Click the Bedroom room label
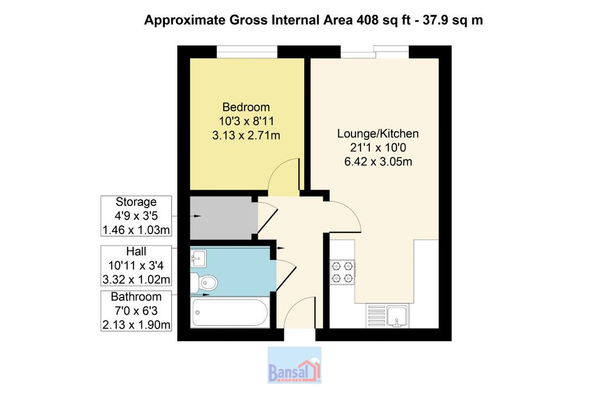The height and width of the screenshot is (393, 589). click(x=246, y=107)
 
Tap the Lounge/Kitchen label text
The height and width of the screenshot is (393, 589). click(x=378, y=133)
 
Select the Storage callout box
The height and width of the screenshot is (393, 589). click(x=136, y=216)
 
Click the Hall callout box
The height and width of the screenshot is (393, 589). click(x=136, y=266)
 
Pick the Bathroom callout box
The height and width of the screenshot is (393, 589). click(x=136, y=311)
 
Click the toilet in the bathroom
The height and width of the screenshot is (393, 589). click(x=205, y=283)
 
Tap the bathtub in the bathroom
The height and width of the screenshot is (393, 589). click(x=230, y=312)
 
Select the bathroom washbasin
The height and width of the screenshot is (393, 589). click(x=198, y=258)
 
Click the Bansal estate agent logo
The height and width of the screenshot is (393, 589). click(x=294, y=365)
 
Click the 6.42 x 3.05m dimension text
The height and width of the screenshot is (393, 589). click(x=378, y=162)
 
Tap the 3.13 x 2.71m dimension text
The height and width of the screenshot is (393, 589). click(x=246, y=135)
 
